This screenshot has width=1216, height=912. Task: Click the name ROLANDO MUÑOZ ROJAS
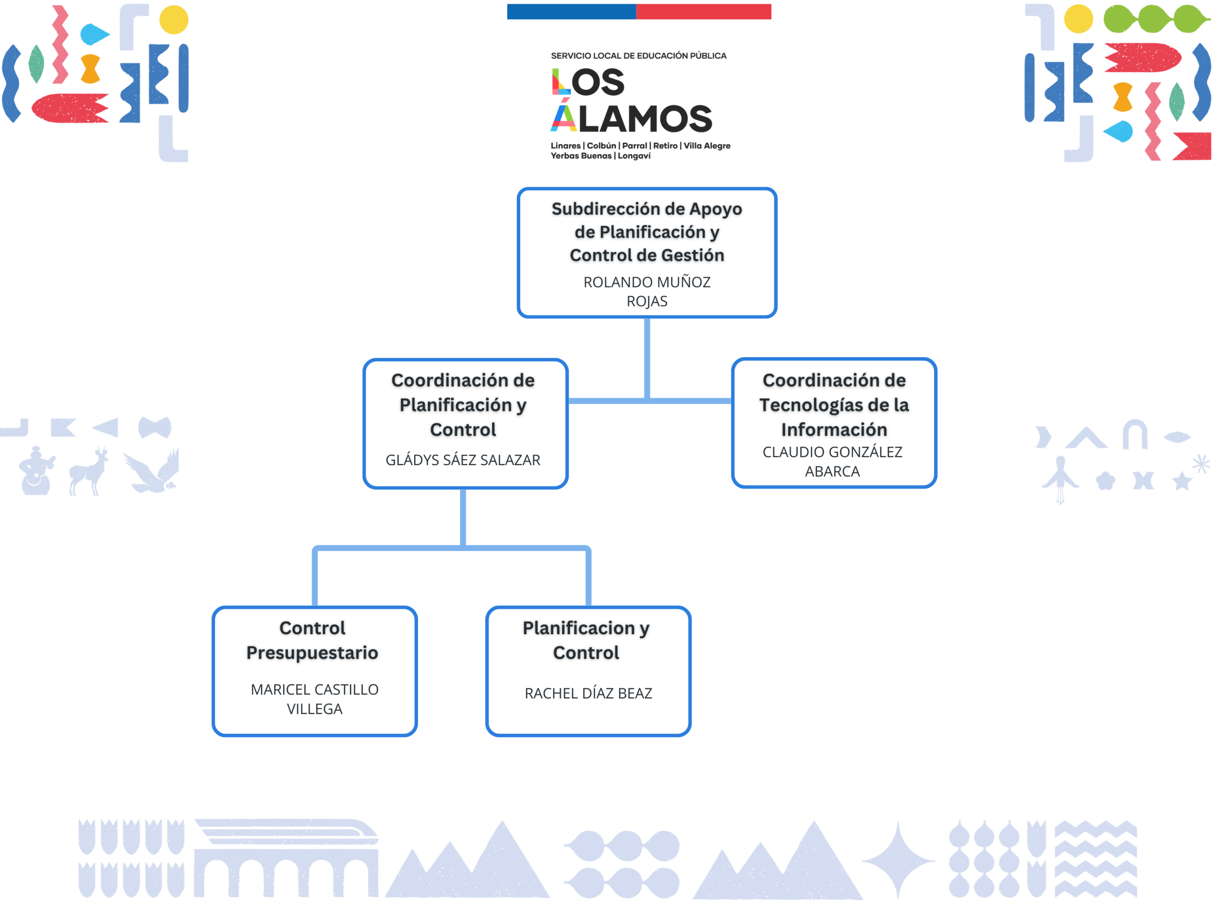click(x=646, y=291)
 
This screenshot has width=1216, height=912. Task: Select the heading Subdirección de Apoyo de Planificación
click(x=646, y=231)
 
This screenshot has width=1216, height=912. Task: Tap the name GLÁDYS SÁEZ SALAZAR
click(x=463, y=460)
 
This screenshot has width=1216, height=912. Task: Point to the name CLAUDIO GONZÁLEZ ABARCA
click(x=832, y=461)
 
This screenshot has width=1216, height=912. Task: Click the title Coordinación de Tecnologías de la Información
click(x=834, y=405)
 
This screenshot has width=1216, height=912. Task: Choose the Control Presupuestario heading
click(x=312, y=640)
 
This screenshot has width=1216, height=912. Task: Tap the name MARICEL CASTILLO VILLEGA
click(x=314, y=699)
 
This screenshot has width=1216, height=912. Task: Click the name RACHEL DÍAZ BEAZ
click(x=588, y=693)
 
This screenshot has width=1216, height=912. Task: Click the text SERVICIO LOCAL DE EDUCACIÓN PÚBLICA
click(x=638, y=56)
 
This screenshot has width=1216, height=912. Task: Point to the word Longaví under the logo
click(x=634, y=156)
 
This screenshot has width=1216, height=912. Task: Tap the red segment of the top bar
click(x=703, y=11)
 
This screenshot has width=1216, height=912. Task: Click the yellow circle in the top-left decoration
click(x=174, y=20)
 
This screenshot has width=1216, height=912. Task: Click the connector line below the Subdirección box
click(x=647, y=357)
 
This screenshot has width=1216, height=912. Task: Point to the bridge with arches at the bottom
click(x=286, y=860)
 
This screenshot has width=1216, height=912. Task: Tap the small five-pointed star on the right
click(x=1181, y=482)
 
